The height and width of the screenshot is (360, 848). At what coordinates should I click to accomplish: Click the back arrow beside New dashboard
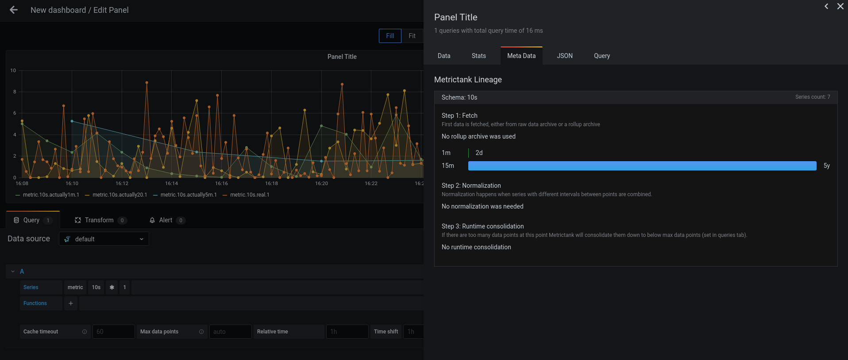point(14,10)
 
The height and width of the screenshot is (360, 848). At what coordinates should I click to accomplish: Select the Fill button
point(390,36)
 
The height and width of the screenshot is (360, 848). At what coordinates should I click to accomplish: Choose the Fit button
point(412,36)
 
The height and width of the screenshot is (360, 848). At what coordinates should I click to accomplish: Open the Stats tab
point(478,56)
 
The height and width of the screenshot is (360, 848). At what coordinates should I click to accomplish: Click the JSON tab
point(564,56)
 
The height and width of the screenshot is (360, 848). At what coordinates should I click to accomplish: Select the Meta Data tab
point(521,56)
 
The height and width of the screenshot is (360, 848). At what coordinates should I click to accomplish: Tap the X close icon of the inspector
point(840,6)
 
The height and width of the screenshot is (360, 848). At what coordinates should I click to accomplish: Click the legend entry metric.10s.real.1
point(250,195)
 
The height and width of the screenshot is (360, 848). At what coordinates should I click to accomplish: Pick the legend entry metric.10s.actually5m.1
point(189,195)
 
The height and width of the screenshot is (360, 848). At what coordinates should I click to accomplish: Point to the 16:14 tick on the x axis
point(171,183)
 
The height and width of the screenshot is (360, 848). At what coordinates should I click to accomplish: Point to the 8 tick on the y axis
point(15,92)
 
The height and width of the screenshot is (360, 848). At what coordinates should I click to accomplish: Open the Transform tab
point(99,220)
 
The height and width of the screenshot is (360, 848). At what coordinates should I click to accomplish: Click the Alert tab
point(166,220)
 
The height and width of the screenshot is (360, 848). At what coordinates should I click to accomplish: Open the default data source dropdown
point(104,239)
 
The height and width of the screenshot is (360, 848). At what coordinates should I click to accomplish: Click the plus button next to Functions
point(71,303)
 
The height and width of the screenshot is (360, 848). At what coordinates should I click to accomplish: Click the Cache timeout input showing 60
point(113,332)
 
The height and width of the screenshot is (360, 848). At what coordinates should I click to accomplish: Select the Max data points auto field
point(230,332)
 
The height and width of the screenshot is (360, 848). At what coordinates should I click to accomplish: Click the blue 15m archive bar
point(642,166)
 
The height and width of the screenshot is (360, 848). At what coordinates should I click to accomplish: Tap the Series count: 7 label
point(812,97)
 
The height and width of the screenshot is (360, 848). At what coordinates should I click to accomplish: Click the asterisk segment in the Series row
point(112,287)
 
